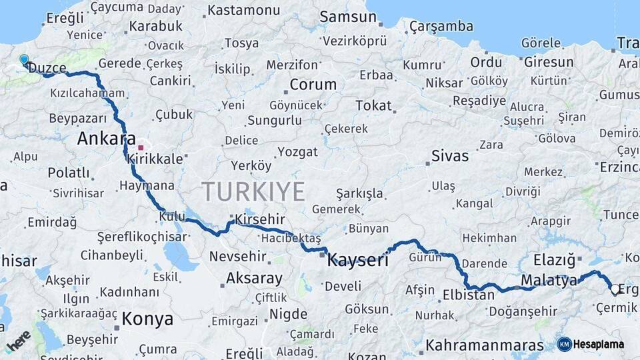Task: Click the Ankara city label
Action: pos(102,139)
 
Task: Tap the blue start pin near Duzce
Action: pos(25,60)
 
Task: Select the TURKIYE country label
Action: pos(253,191)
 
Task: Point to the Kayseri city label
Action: pos(357,260)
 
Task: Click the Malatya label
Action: pos(549,280)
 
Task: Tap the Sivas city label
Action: pos(450,156)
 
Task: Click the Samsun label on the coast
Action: pos(348,17)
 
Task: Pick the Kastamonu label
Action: pos(244,11)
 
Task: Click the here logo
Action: pos(18,341)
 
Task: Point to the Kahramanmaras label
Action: pos(485,345)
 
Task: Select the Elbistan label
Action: pos(469,294)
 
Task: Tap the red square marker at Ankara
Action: pos(140,147)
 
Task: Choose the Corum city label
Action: pos(313,85)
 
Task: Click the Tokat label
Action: pos(373,105)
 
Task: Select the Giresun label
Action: pos(549,62)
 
